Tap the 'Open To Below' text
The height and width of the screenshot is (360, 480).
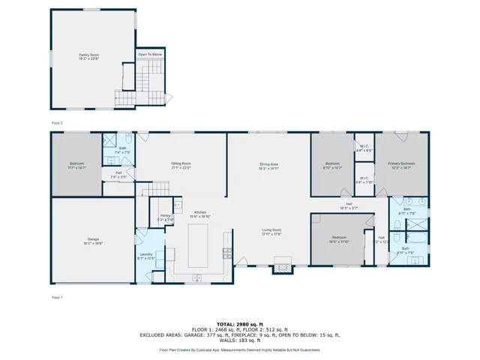pyautogui.click(x=149, y=55)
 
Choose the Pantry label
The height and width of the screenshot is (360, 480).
pyautogui.click(x=165, y=217)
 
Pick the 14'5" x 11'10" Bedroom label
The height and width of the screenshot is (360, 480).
pyautogui.click(x=340, y=240)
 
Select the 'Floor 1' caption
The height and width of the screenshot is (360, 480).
pyautogui.click(x=57, y=298)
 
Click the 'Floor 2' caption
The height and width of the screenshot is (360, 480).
pyautogui.click(x=57, y=121)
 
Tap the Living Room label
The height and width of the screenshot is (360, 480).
pyautogui.click(x=271, y=232)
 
